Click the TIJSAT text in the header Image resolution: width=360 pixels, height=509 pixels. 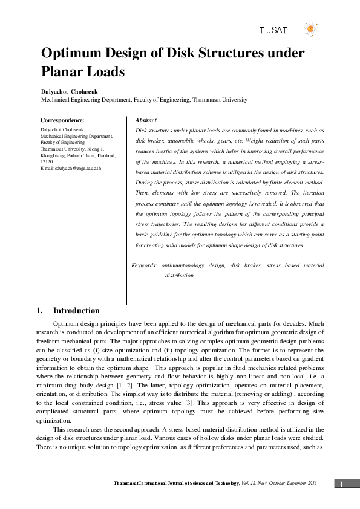click(273, 29)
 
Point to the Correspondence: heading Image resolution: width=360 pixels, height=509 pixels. click(62, 121)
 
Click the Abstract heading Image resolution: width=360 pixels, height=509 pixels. click(146, 121)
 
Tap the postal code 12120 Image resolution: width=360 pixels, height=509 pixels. click(47, 162)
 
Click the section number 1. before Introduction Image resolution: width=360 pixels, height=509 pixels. click(44, 311)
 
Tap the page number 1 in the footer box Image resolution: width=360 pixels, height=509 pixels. click(342, 484)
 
